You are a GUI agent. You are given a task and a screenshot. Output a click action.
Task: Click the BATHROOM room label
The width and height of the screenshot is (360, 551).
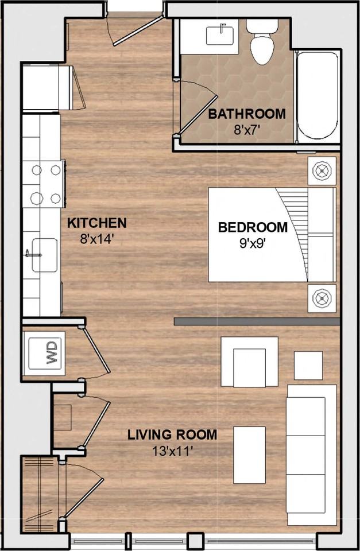click(246, 114)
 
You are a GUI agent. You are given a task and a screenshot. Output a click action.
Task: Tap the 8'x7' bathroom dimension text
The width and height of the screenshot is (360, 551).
click(246, 129)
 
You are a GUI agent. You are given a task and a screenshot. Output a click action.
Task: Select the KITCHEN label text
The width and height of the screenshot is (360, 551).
click(97, 223)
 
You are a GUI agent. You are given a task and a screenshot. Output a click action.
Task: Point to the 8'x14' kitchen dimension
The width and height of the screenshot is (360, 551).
click(97, 238)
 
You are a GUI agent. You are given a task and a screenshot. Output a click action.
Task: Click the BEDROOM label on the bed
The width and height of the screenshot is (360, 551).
click(253, 227)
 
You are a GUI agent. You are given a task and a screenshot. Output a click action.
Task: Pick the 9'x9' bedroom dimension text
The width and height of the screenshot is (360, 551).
click(253, 242)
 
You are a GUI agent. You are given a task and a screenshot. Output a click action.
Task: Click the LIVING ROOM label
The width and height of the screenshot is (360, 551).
click(172, 434)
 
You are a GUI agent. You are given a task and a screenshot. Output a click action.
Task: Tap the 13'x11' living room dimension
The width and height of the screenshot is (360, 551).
click(172, 451)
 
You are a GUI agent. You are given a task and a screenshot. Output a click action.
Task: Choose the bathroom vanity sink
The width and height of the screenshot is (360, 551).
click(220, 35)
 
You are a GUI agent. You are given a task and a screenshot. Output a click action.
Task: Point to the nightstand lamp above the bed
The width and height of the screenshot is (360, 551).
click(322, 171)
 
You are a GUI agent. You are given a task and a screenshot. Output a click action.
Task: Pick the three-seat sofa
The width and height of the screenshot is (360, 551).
click(311, 455)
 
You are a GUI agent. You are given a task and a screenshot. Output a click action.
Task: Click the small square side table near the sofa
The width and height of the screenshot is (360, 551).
click(308, 365)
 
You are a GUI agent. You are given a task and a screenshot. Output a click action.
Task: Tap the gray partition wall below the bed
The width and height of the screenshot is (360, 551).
click(257, 321)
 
